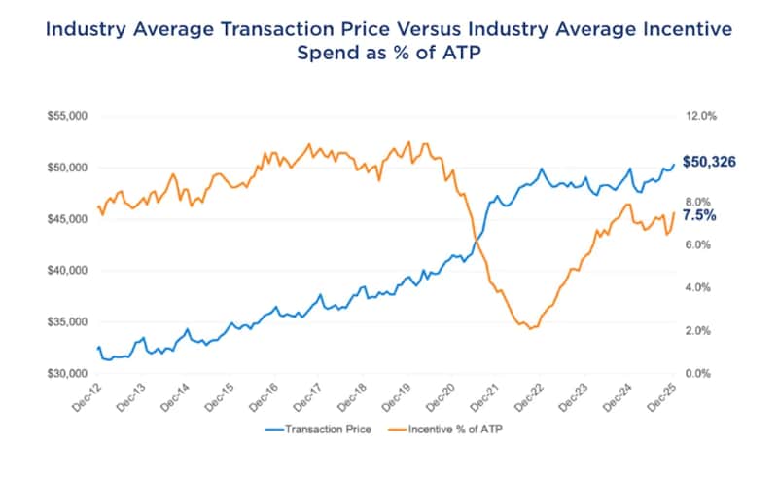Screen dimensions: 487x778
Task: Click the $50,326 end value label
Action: click(710, 162)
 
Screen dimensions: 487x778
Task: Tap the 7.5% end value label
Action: click(698, 215)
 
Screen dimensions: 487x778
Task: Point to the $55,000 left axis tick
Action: click(67, 116)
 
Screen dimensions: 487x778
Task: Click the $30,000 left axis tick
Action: click(67, 374)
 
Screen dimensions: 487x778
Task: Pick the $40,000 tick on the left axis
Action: click(67, 271)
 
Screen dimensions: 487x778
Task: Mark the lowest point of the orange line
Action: click(530, 329)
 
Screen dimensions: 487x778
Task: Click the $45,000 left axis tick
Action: click(67, 219)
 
